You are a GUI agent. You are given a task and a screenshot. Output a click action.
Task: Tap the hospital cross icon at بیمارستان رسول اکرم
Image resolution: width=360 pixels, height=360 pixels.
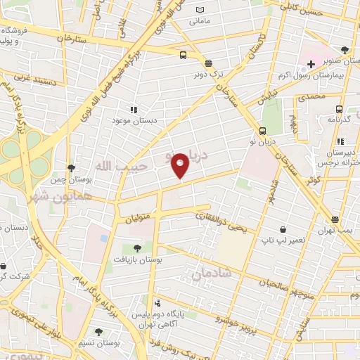[x=311, y=64]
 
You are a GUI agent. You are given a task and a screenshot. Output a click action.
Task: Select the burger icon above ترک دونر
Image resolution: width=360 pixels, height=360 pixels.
[x=207, y=63]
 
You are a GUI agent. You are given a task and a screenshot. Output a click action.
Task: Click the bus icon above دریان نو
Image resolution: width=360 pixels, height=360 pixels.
[x=262, y=130]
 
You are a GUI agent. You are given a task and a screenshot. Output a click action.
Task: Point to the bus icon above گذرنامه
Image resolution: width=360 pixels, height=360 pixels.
[x=339, y=109]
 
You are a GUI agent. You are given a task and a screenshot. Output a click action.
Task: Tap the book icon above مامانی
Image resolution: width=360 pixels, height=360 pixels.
[x=200, y=10]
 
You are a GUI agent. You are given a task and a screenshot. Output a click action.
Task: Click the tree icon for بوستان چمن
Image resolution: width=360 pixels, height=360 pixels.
[x=71, y=167]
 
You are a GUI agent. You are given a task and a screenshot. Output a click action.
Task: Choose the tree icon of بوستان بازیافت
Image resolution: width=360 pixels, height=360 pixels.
[x=136, y=248]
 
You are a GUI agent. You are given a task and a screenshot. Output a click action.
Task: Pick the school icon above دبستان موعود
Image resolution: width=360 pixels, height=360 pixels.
[x=133, y=109]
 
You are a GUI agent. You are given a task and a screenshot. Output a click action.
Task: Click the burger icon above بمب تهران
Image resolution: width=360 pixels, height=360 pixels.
[x=335, y=220]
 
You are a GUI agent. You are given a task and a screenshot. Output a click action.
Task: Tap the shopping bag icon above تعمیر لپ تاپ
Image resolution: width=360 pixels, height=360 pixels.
[x=282, y=229]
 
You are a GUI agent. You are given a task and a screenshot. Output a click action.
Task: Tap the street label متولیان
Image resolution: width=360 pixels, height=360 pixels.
[x=139, y=219]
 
